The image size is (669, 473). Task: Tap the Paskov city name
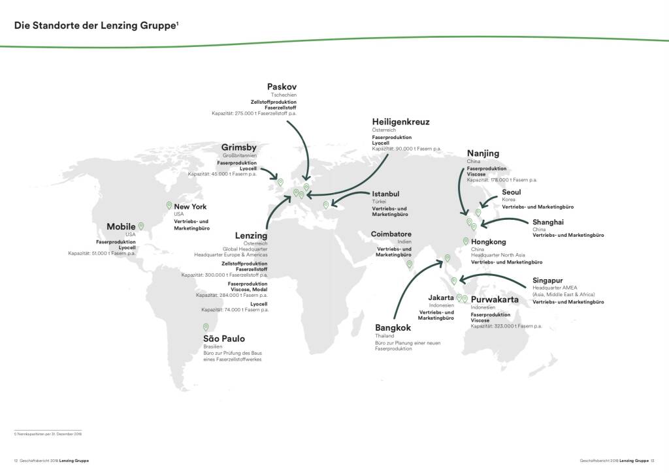click(x=282, y=87)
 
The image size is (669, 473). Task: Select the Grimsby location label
click(x=238, y=147)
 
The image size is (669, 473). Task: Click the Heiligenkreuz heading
click(x=400, y=122)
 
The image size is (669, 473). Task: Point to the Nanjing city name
click(x=483, y=153)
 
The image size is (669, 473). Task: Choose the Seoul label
click(x=512, y=192)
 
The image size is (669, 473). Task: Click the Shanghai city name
click(x=547, y=222)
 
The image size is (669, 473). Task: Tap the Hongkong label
click(x=488, y=242)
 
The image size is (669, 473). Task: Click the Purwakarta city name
click(x=495, y=300)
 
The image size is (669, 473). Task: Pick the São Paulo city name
click(x=223, y=339)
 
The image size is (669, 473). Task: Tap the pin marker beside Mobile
click(x=140, y=226)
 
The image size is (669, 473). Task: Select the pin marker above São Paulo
click(x=206, y=328)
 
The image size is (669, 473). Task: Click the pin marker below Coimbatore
click(x=410, y=264)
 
